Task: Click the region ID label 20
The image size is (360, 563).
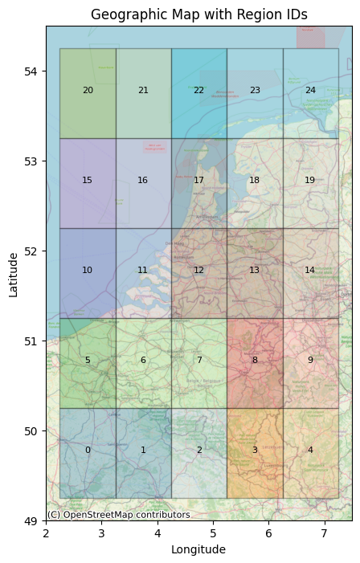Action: coord(88,91)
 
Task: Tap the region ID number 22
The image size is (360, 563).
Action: coord(198,91)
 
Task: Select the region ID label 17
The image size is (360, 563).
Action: coord(198,181)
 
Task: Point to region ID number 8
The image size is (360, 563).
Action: coord(255,361)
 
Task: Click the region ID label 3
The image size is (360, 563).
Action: coord(255,451)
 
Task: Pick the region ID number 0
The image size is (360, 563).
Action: coord(88,451)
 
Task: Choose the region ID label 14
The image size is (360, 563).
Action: coord(310,271)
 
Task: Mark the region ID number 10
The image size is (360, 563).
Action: coord(88,271)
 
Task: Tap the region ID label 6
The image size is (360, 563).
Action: coord(143,361)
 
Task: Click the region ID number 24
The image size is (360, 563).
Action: coord(310,91)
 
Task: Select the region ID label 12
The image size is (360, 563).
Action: coord(198,271)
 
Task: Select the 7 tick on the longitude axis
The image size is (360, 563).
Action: coord(324,534)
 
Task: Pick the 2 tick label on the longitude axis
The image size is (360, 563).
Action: coord(46,534)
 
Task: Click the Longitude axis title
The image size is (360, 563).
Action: coord(198,550)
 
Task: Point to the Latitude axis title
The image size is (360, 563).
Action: coord(14,274)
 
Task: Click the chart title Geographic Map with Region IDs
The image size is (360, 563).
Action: coord(198,14)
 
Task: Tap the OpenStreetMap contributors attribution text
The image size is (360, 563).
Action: coord(118,515)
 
